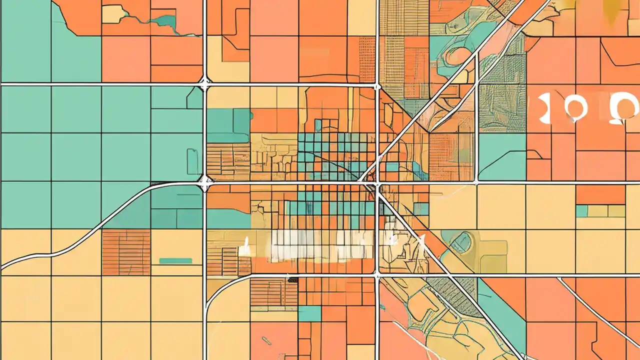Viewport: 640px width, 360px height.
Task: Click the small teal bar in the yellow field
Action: coord(175,260)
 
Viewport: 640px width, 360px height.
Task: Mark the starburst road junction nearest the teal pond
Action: coord(204,84)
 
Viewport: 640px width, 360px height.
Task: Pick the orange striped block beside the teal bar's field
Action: coord(126,252)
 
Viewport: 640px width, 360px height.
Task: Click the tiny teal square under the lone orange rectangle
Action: coord(581,211)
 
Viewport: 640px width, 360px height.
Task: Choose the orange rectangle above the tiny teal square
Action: coord(600,194)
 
